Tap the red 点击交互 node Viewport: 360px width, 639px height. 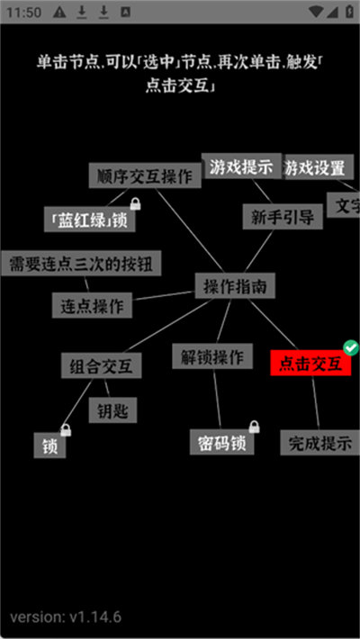310,363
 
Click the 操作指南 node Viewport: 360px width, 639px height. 234,285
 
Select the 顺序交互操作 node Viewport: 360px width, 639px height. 145,175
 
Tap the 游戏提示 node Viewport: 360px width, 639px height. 241,166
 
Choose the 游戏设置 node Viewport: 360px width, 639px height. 319,166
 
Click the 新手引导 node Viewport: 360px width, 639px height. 283,216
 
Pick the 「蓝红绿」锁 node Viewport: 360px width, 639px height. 90,220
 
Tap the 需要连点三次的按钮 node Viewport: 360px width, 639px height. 81,264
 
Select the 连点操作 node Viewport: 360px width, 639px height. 92,305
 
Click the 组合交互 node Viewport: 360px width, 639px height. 101,365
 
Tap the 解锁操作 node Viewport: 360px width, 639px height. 212,356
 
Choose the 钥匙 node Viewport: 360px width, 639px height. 112,410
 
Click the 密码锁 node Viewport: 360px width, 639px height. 221,442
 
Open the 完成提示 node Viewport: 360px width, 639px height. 320,443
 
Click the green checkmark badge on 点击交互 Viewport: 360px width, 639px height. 351,347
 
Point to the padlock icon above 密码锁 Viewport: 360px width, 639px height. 255,427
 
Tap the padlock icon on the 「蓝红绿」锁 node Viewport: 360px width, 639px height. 135,203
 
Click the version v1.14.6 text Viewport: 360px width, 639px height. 66,616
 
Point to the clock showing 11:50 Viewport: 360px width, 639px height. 23,13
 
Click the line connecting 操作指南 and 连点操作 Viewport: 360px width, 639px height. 163,295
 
